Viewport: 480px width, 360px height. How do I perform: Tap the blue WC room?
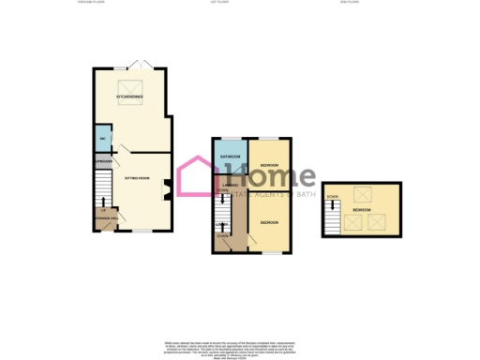tap(101, 140)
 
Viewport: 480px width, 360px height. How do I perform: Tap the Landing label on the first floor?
tap(229, 184)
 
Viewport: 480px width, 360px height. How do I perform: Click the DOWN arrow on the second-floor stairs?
tap(332, 197)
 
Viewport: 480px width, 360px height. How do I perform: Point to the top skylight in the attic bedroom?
tap(361, 195)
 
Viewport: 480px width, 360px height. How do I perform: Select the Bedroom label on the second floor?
tap(359, 210)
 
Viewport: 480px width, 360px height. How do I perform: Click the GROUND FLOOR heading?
tap(91, 3)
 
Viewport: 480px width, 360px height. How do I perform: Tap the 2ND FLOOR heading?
tap(350, 3)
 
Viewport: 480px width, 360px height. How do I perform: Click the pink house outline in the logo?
tap(198, 176)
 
